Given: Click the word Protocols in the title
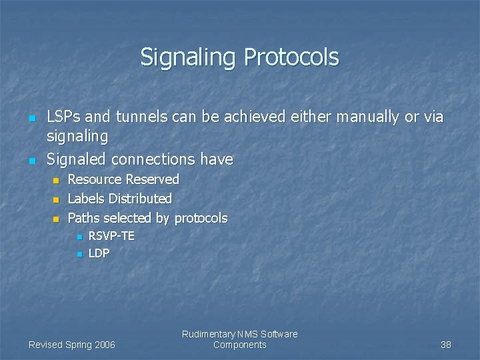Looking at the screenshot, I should pos(291,57).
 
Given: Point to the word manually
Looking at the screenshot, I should pos(368,117).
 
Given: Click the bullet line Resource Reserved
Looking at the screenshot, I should pos(123,179).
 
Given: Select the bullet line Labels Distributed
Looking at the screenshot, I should pos(119,199).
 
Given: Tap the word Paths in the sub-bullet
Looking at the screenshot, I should pos(84,218).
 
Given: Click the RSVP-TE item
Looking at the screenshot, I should pos(111,236).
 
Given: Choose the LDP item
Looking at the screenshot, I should pos(99,253).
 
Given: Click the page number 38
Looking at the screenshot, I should pos(445,345).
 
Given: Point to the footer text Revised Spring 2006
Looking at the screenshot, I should pos(72,345).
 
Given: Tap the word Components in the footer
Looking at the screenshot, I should pos(239,345).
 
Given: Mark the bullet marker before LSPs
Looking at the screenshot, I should pos(31,118).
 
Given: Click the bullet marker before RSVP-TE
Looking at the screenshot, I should pos(79,237).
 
